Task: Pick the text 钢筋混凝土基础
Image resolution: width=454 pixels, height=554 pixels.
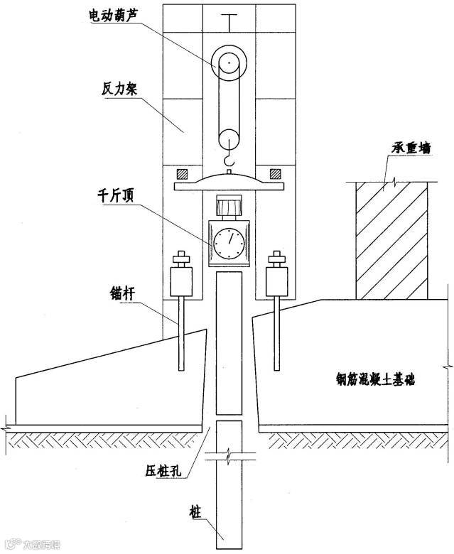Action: coord(376,379)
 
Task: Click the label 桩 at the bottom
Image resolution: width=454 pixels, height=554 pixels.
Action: coord(194,509)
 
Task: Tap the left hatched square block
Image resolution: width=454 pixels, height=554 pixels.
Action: coord(182,173)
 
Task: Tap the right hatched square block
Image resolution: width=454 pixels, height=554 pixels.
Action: coord(274,173)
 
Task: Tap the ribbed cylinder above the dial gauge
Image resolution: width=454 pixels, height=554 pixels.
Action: coord(228,208)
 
